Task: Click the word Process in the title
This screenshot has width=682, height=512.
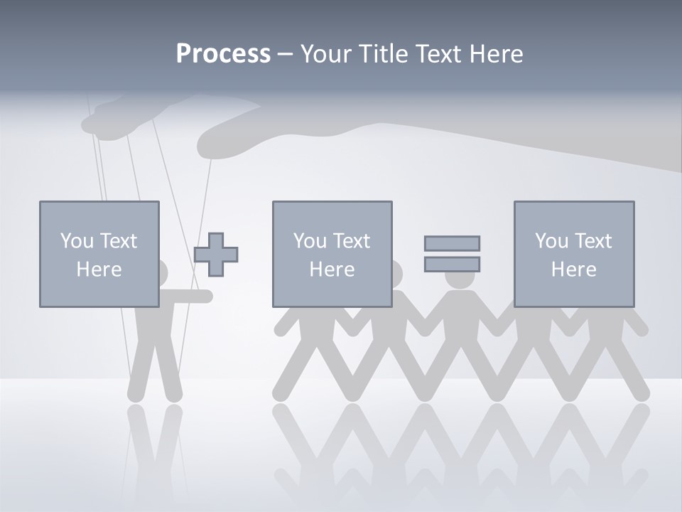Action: [x=223, y=54]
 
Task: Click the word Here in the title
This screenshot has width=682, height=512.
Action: [x=497, y=54]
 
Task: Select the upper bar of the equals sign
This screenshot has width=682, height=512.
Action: [x=452, y=243]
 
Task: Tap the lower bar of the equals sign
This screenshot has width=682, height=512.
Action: [x=452, y=264]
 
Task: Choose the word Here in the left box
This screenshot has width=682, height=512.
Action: [x=99, y=270]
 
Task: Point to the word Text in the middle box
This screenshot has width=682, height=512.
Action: [x=352, y=240]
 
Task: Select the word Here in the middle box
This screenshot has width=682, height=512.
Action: [x=332, y=270]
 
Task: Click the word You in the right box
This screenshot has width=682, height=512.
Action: [x=551, y=240]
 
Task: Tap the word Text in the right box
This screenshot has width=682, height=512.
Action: [x=594, y=240]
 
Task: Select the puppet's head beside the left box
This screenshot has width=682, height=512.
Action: [x=163, y=273]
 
